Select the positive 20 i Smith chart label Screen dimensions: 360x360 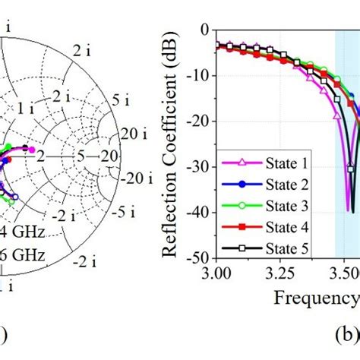coord(134,134)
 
